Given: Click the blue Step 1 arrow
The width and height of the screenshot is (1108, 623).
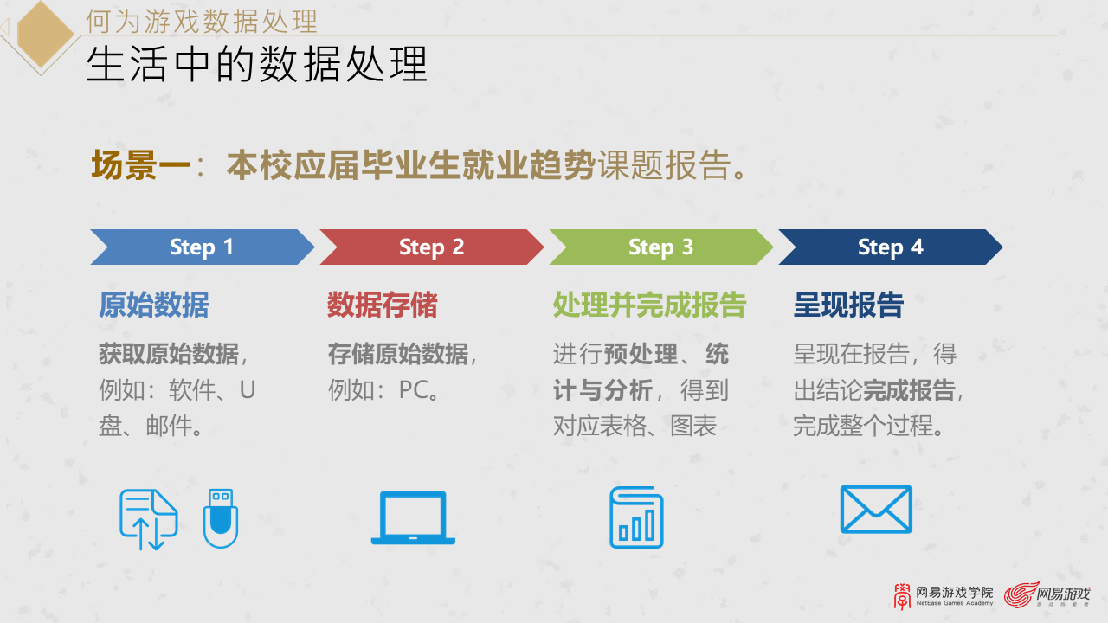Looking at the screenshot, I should point(202,247).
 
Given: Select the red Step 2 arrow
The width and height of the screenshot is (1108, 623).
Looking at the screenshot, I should point(431,247).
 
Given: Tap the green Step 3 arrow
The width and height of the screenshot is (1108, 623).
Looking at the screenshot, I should point(660,247).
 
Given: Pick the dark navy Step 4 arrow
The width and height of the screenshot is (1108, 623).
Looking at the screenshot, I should point(890,247).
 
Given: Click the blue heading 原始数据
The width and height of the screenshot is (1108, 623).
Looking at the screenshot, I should point(154,305).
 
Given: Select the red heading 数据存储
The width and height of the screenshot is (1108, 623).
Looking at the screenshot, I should point(383,305).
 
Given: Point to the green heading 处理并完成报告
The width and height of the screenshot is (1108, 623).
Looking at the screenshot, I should point(649,305).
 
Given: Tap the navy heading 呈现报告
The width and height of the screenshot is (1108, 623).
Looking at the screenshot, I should point(848,305).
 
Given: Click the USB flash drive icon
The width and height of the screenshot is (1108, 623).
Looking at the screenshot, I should point(221,518).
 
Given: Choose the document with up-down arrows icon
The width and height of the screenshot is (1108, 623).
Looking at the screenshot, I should point(148,519).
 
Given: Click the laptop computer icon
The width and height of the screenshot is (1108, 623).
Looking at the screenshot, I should point(413,518).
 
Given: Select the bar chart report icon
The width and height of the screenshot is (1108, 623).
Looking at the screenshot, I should point(636,517).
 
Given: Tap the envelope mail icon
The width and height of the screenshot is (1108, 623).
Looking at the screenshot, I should point(876,510).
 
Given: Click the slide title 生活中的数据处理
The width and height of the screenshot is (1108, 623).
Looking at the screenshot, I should point(257,65).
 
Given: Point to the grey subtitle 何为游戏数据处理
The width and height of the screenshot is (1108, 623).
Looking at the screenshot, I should point(202,20).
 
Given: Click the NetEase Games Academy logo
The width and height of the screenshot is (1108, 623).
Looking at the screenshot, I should point(944,595).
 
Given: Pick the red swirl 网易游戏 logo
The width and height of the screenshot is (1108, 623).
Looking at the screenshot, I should point(1047,594).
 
